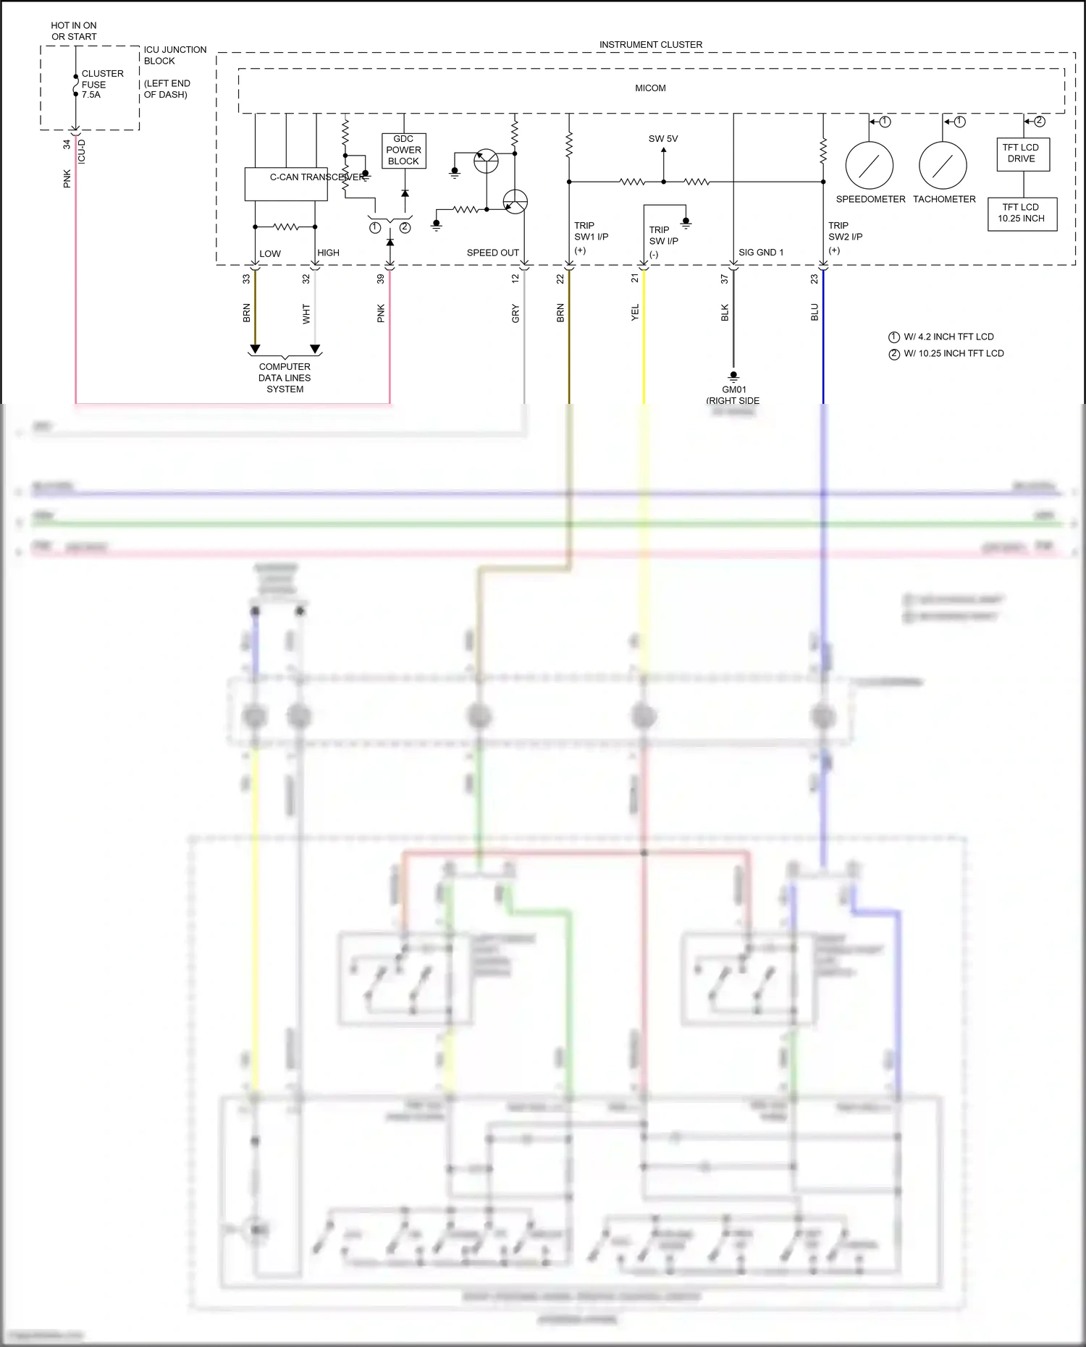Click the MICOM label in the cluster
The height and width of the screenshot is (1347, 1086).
[x=650, y=88]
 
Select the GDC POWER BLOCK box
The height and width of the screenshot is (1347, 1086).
[x=403, y=151]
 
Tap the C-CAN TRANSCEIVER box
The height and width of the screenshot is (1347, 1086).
[x=286, y=185]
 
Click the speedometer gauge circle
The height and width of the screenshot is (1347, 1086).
[x=869, y=166]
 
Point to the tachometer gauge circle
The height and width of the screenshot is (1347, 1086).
[x=943, y=166]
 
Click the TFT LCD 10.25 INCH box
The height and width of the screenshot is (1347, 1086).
[x=1022, y=214]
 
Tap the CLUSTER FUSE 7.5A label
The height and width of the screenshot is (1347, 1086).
[x=101, y=84]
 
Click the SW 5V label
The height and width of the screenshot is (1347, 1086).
[x=662, y=139]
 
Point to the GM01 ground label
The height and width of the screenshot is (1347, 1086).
[x=733, y=390]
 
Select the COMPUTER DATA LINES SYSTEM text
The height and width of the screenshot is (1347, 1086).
[x=285, y=378]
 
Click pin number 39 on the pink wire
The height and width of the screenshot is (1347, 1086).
[x=381, y=279]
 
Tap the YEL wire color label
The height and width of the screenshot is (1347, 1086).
[x=635, y=313]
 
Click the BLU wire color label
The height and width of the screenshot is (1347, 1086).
[x=814, y=313]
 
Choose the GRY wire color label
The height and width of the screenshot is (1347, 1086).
[x=515, y=313]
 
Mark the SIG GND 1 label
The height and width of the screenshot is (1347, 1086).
[x=760, y=253]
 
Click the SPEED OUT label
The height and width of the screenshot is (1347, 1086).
[x=492, y=253]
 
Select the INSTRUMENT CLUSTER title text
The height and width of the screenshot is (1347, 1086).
[x=650, y=45]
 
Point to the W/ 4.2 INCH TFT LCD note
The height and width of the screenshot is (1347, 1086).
[x=948, y=337]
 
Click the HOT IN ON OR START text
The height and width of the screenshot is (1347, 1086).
[x=74, y=31]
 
